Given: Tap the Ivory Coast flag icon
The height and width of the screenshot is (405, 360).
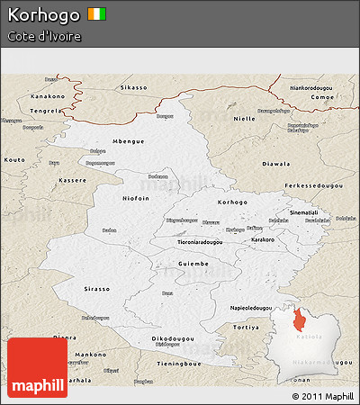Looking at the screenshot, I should [x=97, y=14].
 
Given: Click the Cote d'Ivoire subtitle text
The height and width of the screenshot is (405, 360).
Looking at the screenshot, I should [x=44, y=37].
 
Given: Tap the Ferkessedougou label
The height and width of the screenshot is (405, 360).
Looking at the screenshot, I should [x=309, y=184].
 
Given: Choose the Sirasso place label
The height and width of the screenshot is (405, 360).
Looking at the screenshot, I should [x=96, y=290].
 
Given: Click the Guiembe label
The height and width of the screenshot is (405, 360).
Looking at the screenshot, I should [x=193, y=264].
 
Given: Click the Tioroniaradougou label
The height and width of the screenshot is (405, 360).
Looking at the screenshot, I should [x=187, y=241].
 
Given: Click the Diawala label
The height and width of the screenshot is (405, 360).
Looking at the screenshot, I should [x=275, y=164].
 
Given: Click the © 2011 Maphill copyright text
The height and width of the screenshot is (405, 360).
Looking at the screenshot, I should [x=322, y=396].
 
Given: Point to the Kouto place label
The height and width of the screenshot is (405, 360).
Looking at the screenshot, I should [x=15, y=159].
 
